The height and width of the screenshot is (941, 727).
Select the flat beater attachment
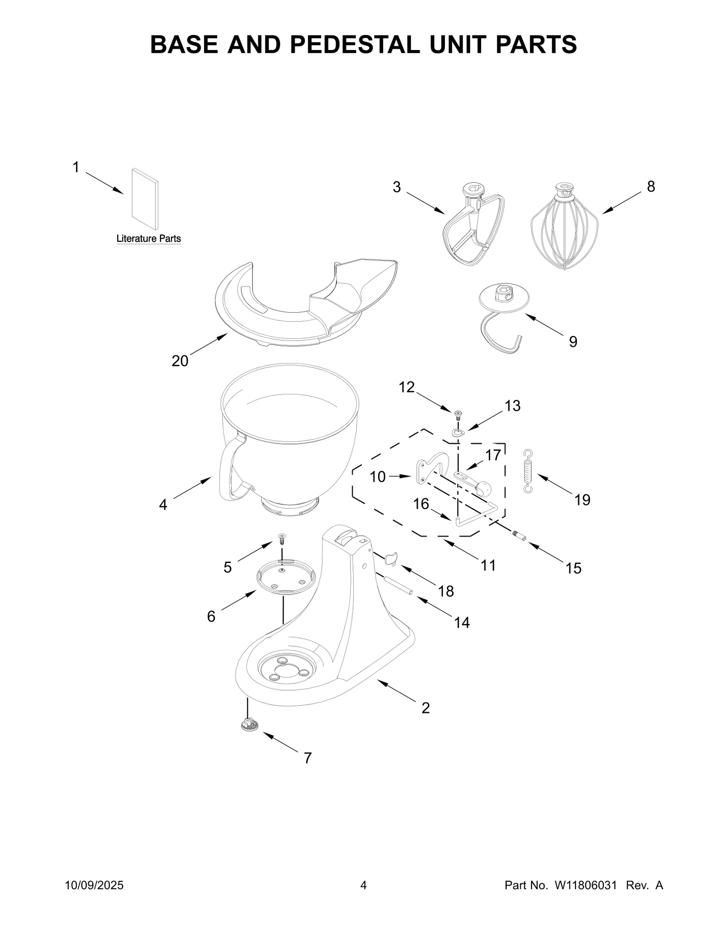point(474,227)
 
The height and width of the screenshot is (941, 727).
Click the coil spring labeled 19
point(528,471)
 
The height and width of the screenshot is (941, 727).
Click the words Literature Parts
point(149,239)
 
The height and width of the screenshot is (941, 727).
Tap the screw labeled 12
point(458,414)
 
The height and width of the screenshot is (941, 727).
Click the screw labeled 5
point(282,540)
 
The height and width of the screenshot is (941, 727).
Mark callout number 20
point(179,361)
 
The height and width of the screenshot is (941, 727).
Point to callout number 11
point(488,565)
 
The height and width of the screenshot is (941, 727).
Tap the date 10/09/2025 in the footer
point(95,885)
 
